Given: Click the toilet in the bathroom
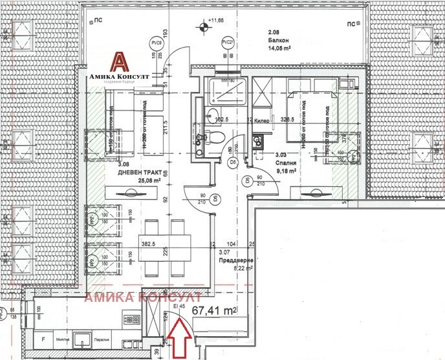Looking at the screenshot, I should click(217, 134).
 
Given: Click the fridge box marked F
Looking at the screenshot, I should click(43, 339).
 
